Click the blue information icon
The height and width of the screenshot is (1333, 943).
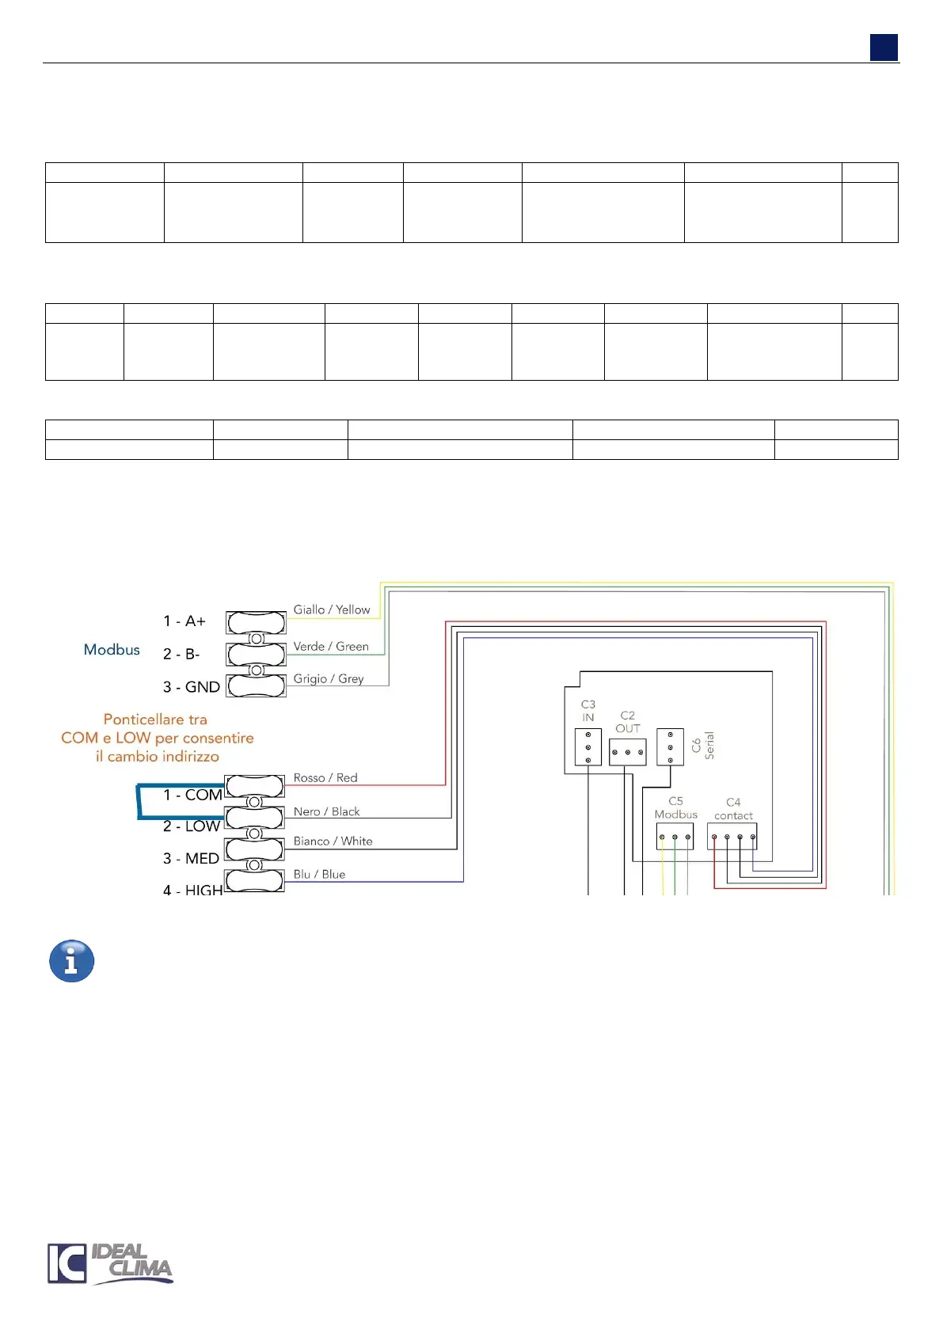click(x=72, y=961)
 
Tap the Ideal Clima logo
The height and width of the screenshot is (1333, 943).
click(x=109, y=1263)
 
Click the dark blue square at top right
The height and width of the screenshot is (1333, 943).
click(x=884, y=47)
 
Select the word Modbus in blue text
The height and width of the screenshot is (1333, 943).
click(x=112, y=650)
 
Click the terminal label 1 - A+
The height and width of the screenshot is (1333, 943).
click(x=184, y=621)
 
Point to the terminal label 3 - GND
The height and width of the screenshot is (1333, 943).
click(x=191, y=687)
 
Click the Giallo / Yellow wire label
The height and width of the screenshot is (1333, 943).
click(x=332, y=610)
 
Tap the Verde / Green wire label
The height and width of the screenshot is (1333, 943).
click(x=331, y=647)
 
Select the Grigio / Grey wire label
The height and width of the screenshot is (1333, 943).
click(x=329, y=679)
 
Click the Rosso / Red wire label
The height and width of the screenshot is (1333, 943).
click(x=325, y=778)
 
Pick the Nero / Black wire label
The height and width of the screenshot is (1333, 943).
click(x=326, y=811)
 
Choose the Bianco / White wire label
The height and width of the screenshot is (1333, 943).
click(x=333, y=841)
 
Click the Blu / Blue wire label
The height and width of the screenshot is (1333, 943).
click(x=319, y=875)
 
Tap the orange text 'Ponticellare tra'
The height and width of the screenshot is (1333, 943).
click(x=155, y=720)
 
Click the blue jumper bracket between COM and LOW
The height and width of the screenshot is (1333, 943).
click(x=139, y=801)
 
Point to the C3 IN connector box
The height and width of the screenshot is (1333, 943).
click(x=588, y=746)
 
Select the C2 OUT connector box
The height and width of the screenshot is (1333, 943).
click(x=628, y=751)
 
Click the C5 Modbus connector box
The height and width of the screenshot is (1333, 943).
click(x=675, y=837)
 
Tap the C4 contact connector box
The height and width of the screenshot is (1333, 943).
click(x=732, y=837)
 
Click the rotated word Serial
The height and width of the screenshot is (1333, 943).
click(x=709, y=745)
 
